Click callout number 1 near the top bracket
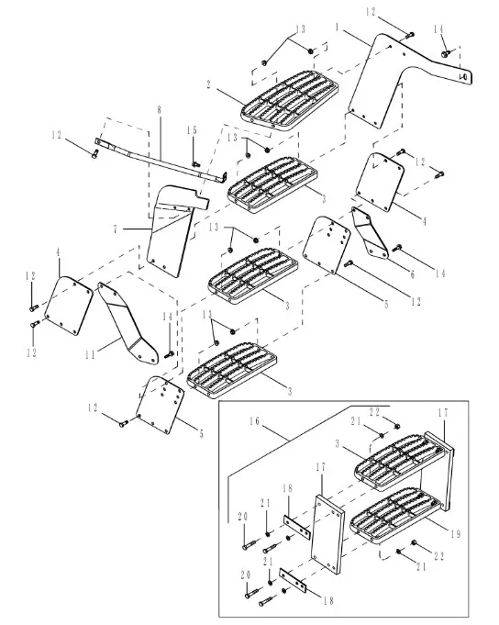click(337, 28)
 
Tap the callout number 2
click(208, 84)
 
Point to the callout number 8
click(160, 109)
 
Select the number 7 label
click(116, 229)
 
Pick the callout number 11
click(91, 354)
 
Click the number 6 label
click(413, 273)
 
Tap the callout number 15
click(192, 130)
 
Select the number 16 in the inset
click(255, 421)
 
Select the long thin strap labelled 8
click(161, 159)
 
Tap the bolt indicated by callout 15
click(195, 164)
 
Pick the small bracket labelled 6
click(370, 233)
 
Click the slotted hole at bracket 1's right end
click(463, 76)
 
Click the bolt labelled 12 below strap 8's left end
click(94, 153)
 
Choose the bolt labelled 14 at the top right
click(445, 52)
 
